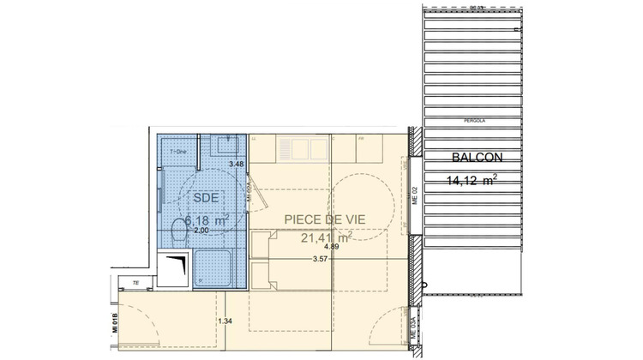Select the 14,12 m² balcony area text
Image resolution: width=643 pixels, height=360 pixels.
point(472,180)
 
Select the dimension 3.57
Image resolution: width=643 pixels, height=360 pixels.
point(321,259)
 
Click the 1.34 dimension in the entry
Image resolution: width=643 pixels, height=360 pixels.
point(225,321)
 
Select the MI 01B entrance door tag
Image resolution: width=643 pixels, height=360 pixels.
point(114,323)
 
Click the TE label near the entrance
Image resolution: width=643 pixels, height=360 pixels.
point(135,282)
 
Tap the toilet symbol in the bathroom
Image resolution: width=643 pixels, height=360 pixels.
point(180,230)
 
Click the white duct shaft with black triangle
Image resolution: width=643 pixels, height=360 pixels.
point(175,267)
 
